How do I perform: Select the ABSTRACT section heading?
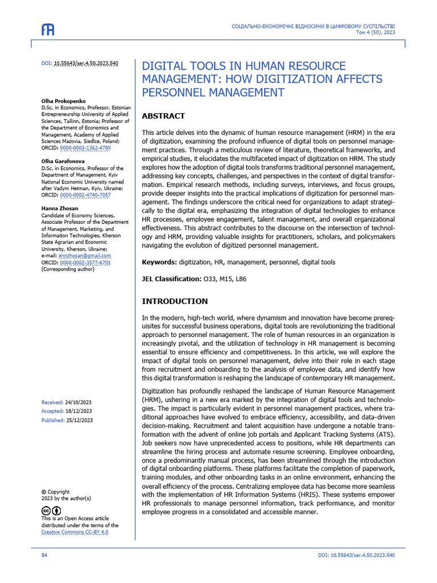[163, 116]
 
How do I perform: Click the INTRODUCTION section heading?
[175, 301]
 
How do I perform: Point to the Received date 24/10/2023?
[79, 403]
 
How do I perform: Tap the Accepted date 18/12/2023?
[79, 411]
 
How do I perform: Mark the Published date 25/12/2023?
[80, 420]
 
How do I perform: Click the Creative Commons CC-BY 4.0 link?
[75, 532]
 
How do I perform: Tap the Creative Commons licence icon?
[51, 511]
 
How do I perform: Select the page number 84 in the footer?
[44, 555]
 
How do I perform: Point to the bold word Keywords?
[159, 262]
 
